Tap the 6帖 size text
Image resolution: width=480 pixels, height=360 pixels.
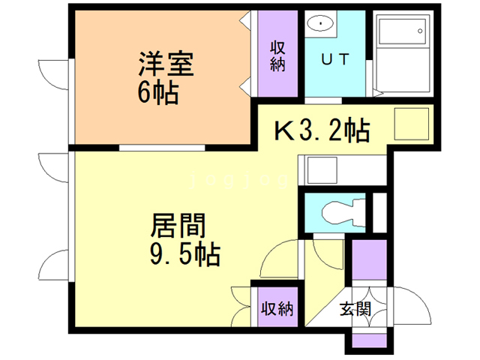(157, 94)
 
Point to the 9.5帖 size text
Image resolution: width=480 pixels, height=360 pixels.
(183, 255)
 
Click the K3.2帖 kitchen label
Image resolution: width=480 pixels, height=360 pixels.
(320, 131)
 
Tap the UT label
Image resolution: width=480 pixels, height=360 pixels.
(334, 60)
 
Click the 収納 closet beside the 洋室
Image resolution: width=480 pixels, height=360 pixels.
(277, 56)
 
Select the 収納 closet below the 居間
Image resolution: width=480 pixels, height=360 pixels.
(276, 307)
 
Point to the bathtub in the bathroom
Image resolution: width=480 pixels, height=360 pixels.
(402, 33)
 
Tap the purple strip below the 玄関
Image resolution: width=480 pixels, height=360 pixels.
(367, 342)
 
